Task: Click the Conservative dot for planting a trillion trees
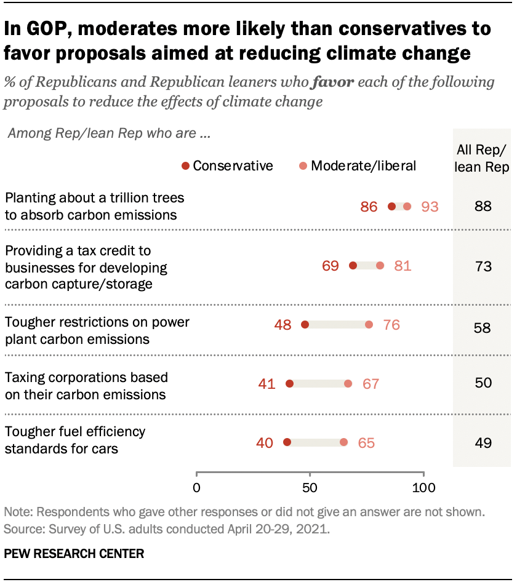point(392,207)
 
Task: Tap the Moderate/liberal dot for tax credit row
point(380,266)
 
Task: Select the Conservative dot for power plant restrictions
point(305,325)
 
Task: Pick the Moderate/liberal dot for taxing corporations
point(348,384)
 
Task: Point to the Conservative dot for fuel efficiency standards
point(287,442)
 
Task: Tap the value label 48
point(283,325)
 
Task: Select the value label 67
point(371,384)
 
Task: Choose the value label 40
point(265,443)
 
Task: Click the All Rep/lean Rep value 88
point(483,207)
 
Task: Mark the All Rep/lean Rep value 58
point(483,327)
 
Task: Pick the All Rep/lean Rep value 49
point(483,443)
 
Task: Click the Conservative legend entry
point(227,165)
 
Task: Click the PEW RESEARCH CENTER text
point(74,554)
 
